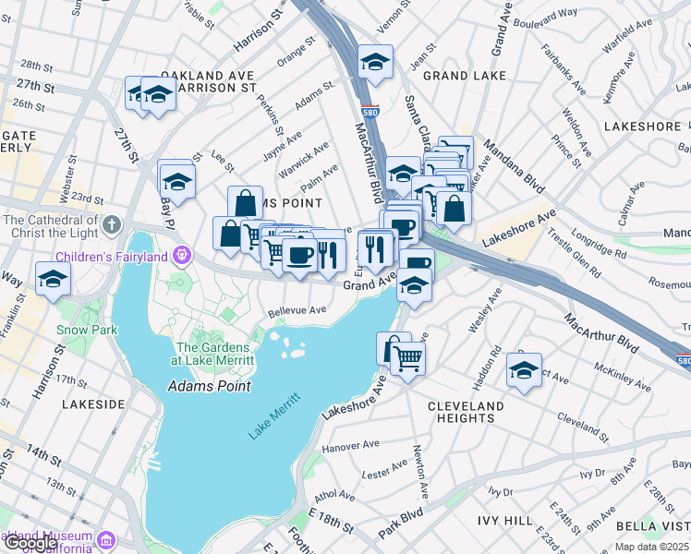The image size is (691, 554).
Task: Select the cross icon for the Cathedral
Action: tap(112, 224)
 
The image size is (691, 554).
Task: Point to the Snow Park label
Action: tap(86, 330)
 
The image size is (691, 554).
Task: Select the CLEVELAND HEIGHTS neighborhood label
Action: tap(467, 412)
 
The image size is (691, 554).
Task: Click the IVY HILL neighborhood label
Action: tap(503, 521)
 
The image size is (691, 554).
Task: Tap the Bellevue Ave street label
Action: tap(298, 311)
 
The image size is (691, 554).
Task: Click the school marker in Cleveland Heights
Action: tap(524, 371)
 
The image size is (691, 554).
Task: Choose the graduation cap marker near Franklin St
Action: tap(53, 277)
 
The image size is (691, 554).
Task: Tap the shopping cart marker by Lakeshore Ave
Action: tap(407, 359)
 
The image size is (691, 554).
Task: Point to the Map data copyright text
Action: tap(650, 547)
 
